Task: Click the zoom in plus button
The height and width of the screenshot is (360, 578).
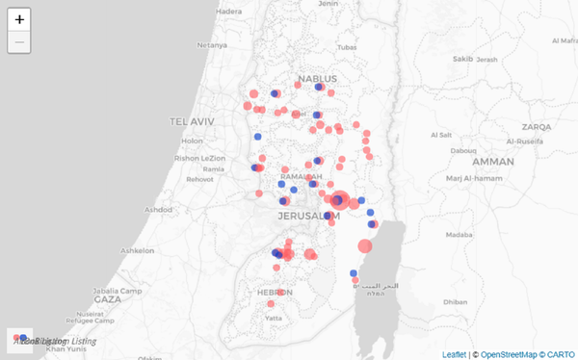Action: tap(19, 19)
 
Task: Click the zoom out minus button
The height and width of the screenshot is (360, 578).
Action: tap(19, 41)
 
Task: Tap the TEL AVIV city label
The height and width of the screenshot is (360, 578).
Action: tap(189, 122)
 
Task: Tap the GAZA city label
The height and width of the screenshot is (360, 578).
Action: tap(107, 299)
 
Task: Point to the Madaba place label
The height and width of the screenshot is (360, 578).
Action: tap(459, 234)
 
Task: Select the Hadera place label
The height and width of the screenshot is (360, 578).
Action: tap(229, 12)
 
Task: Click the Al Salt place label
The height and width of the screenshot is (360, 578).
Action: tap(443, 135)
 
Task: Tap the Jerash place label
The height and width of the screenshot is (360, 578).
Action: tap(487, 60)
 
